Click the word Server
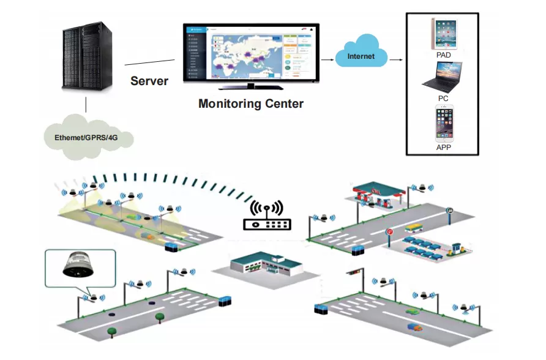[x=149, y=80]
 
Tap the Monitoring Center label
[x=251, y=103]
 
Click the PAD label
[x=443, y=55]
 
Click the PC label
[x=443, y=98]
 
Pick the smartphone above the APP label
[x=444, y=124]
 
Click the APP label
[x=444, y=148]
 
